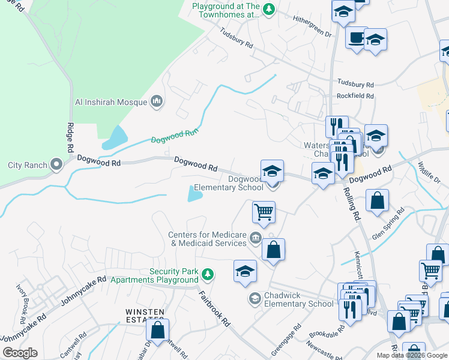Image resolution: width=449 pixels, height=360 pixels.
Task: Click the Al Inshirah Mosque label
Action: coord(110,102)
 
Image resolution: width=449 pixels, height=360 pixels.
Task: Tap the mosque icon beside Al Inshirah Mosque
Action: coord(157,101)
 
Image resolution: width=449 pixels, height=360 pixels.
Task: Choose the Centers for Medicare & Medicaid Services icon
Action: coord(256,238)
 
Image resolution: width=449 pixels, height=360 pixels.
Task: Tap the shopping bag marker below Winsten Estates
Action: coord(157,329)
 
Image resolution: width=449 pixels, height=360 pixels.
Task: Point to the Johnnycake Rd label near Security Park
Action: coord(84,284)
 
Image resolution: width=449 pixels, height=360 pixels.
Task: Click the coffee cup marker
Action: coord(357,38)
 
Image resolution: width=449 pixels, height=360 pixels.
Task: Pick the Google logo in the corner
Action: coord(20,353)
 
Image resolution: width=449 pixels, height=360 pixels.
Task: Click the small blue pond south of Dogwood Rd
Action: coord(195,193)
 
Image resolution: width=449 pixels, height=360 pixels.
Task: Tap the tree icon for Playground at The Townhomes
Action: coord(269,9)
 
